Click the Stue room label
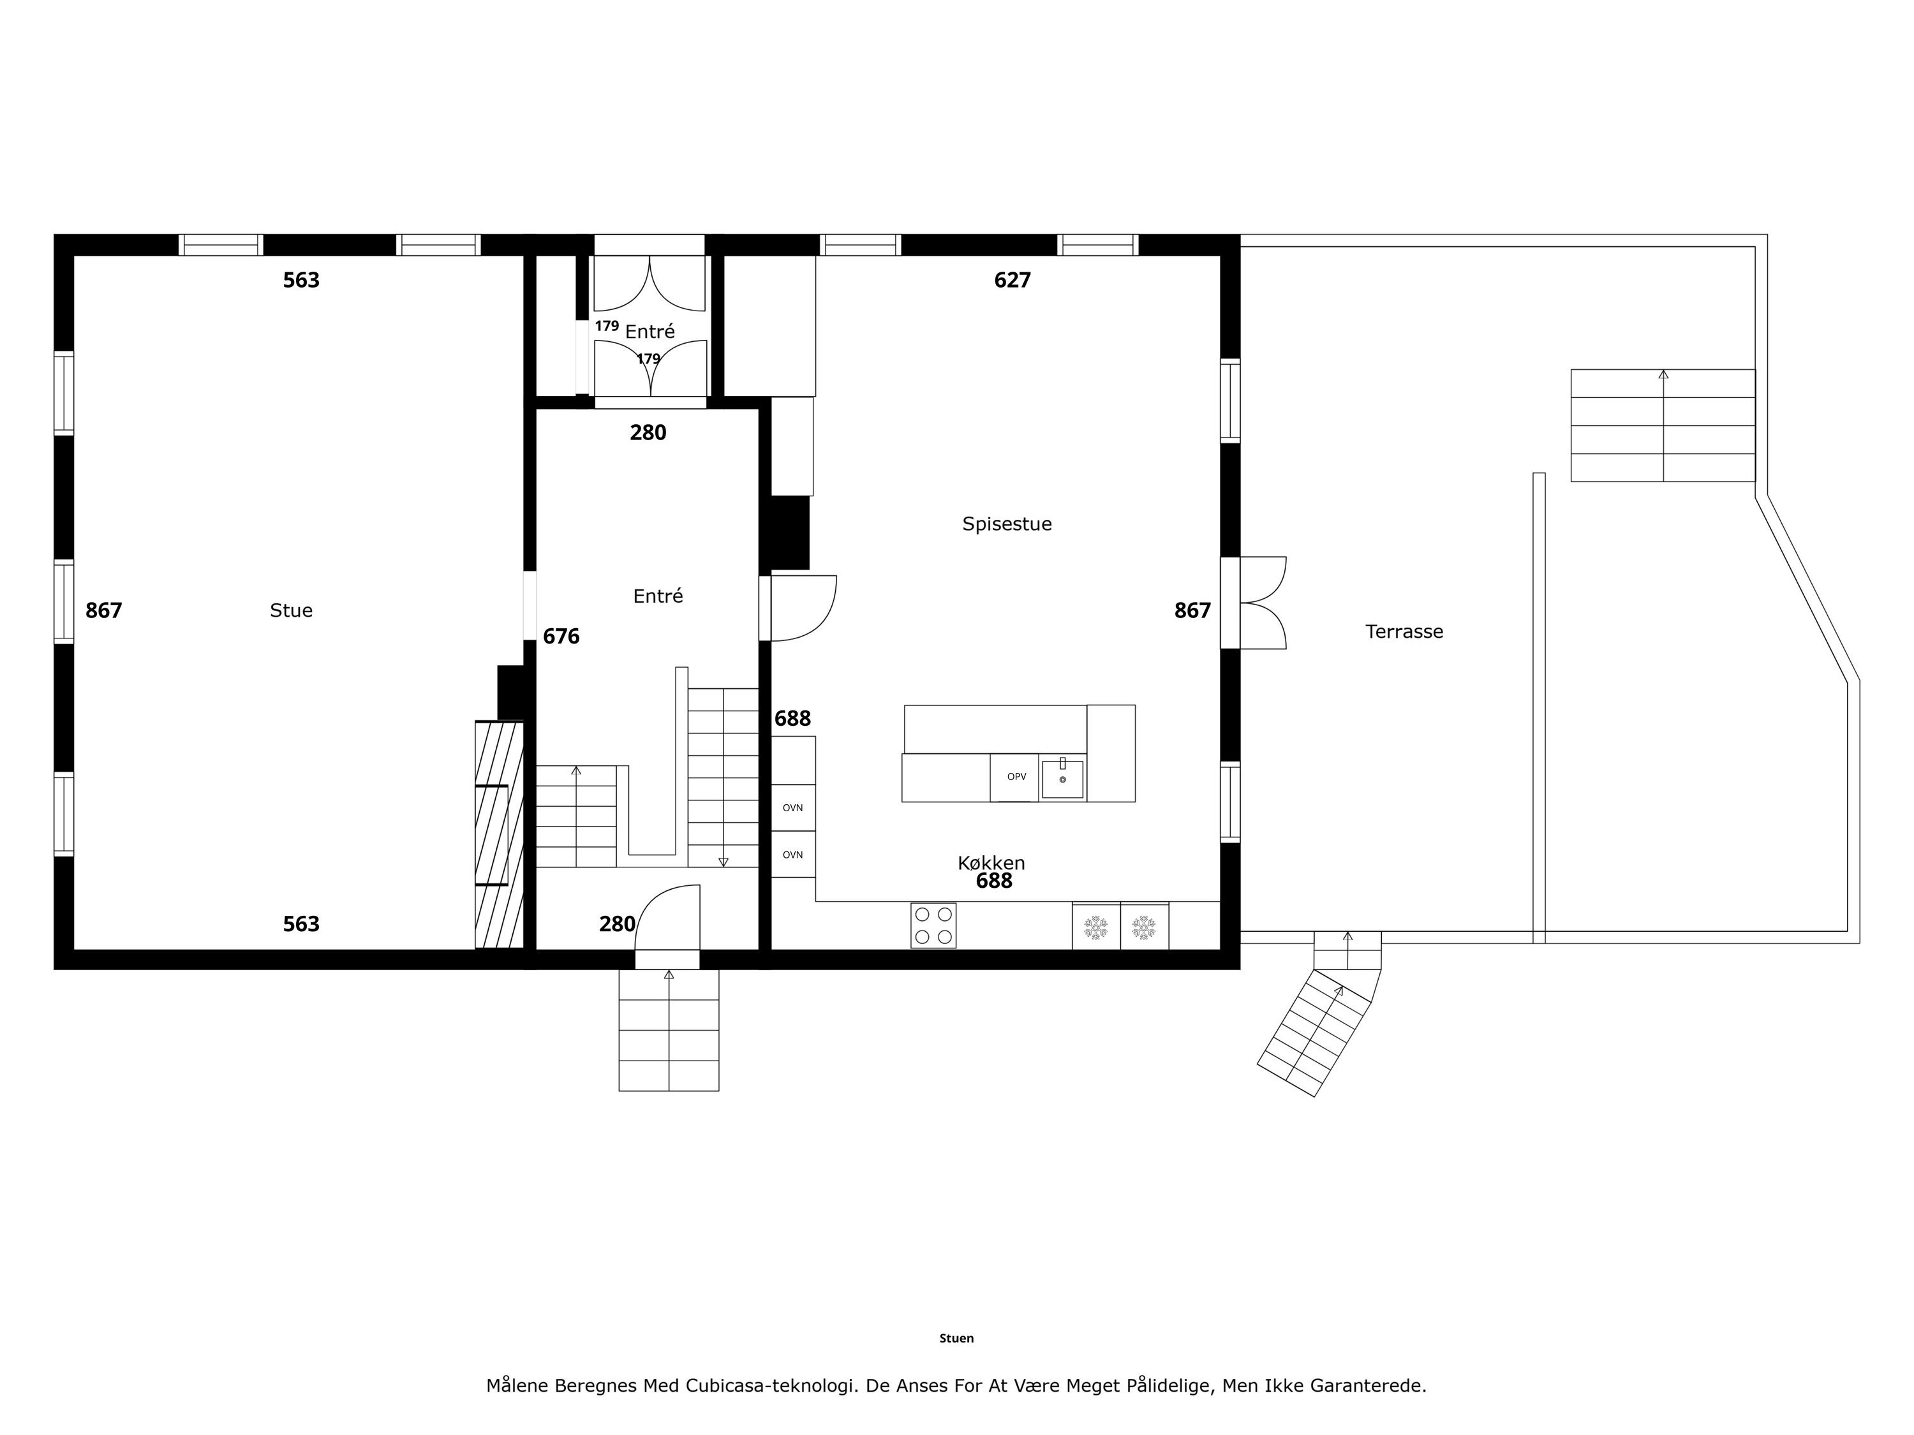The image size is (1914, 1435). [x=291, y=611]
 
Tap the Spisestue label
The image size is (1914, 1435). [x=1007, y=524]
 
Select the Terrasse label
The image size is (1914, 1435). [x=1404, y=631]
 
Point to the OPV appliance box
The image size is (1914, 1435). [x=1015, y=777]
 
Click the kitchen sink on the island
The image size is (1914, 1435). [x=1062, y=777]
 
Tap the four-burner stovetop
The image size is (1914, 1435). [x=933, y=925]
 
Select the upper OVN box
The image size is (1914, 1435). [x=792, y=808]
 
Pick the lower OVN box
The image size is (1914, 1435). [x=792, y=855]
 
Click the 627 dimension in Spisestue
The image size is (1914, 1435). [x=1013, y=280]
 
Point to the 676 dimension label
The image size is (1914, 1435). [x=561, y=637]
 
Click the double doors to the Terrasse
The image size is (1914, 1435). [x=1263, y=602]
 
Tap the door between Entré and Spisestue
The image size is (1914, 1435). [x=804, y=608]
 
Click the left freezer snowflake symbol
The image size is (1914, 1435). [x=1096, y=927]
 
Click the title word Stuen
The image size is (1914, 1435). [x=956, y=1338]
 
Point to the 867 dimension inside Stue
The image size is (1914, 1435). [x=104, y=611]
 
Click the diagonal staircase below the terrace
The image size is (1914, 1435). [x=1314, y=1033]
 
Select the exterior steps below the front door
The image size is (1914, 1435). [x=669, y=1029]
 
